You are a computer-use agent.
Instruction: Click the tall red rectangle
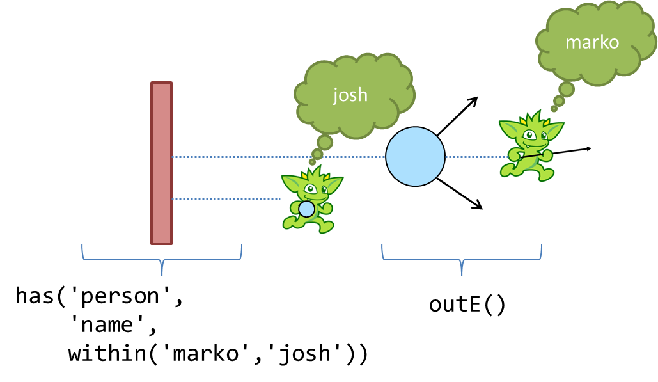pos(161,163)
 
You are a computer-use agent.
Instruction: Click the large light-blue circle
pos(415,157)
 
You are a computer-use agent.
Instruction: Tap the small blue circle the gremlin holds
pos(306,209)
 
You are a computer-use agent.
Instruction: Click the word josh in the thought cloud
pos(350,95)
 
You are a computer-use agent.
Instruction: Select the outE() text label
pos(467,305)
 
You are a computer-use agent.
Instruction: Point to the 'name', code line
pos(113,326)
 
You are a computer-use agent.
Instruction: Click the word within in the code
pos(107,353)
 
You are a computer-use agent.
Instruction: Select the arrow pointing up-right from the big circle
pos(458,116)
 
